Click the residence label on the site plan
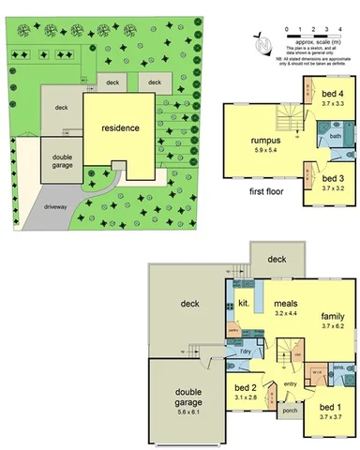click(121, 127)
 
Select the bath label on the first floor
click(335, 137)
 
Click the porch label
click(289, 410)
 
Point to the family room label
click(329, 317)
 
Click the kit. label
click(242, 304)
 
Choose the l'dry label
click(246, 352)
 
